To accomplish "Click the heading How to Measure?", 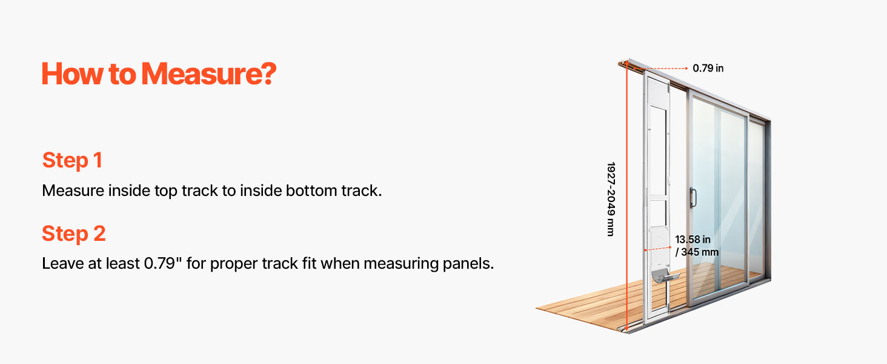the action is click(x=159, y=74).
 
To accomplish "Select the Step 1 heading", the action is click(x=73, y=160).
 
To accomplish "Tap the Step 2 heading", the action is click(x=74, y=234).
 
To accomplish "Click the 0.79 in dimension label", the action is click(x=708, y=68).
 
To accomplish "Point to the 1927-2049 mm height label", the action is click(x=611, y=199).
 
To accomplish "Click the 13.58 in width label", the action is click(x=693, y=240).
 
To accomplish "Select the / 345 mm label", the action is click(x=697, y=252).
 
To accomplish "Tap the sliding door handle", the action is click(x=693, y=198).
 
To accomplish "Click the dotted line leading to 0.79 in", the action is click(x=660, y=69).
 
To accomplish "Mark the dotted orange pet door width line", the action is click(x=657, y=249).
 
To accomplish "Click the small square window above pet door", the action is click(x=658, y=214).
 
